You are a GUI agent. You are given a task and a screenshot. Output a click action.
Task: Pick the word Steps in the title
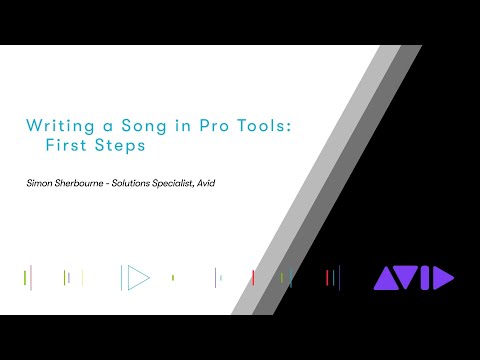click(x=118, y=144)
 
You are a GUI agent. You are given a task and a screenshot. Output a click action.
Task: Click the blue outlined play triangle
click(x=135, y=277)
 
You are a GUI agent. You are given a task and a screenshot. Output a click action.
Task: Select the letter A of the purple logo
click(x=387, y=278)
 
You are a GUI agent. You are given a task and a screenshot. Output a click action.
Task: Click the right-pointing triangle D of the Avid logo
click(x=443, y=278)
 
